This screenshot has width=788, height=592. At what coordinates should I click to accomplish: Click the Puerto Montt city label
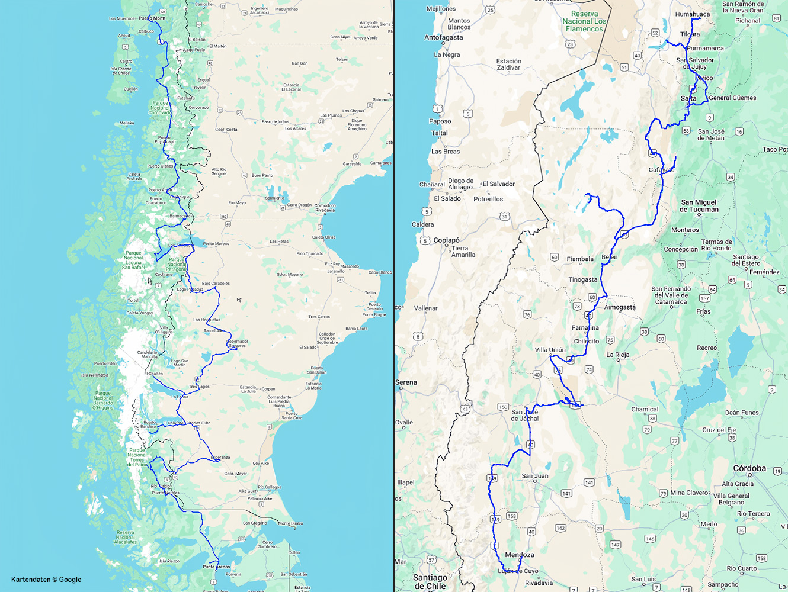[x=152, y=18]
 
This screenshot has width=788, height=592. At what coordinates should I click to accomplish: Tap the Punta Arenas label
[x=216, y=567]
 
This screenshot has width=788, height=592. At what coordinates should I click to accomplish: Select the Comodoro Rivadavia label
[x=325, y=208]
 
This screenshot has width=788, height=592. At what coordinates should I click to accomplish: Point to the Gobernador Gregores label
[x=237, y=343]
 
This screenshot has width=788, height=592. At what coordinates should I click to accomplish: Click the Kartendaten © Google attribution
[x=46, y=580]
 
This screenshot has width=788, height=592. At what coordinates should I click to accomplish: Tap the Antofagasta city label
[x=444, y=37]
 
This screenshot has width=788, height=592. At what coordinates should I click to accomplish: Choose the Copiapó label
[x=447, y=240]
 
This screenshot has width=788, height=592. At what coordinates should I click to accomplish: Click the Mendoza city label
[x=520, y=555]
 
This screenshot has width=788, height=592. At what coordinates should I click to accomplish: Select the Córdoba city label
[x=749, y=468]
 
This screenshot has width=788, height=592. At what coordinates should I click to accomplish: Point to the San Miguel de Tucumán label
[x=699, y=206]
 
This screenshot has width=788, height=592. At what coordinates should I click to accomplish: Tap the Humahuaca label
[x=693, y=14]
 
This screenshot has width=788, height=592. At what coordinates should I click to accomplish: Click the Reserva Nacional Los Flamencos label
[x=584, y=21]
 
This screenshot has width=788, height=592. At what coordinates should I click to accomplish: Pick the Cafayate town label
[x=661, y=170]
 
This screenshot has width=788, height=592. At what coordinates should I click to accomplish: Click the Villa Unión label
[x=550, y=350]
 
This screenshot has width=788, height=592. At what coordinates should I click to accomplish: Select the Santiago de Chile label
[x=430, y=581]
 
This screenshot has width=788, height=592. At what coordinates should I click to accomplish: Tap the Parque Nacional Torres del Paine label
[x=137, y=457]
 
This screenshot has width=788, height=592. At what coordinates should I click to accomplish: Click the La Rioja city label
[x=618, y=355]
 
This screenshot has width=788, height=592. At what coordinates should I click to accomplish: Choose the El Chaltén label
[x=153, y=374]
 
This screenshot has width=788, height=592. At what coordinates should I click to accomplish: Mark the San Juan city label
[x=535, y=476]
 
